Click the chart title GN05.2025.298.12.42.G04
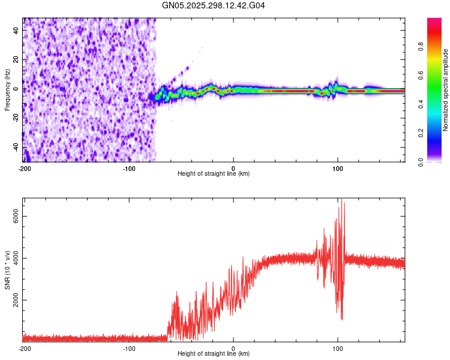[x=214, y=5]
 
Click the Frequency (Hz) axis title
[x=7, y=89]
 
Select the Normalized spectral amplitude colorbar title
[x=446, y=90]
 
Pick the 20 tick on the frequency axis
[x=17, y=59]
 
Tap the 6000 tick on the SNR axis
[x=13, y=219]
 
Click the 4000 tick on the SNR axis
[x=13, y=259]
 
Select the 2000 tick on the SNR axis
[x=13, y=300]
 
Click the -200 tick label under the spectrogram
[x=24, y=168]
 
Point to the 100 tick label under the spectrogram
[x=338, y=168]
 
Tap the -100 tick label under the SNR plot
[x=128, y=349]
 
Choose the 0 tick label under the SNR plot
[x=233, y=349]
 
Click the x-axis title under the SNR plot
[x=214, y=355]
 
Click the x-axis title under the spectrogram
[x=214, y=174]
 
